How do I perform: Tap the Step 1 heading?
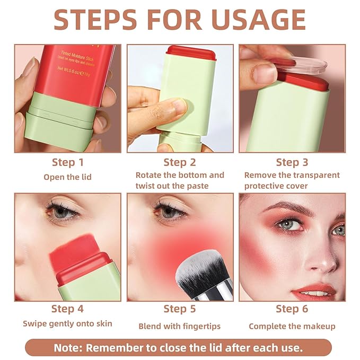pos(67,162)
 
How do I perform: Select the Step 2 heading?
pos(180,162)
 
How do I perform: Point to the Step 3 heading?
pos(292,162)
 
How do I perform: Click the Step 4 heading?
pos(67,309)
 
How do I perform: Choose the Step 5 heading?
pos(180,309)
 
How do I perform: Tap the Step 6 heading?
pos(292,309)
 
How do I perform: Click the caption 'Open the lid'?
pos(67,177)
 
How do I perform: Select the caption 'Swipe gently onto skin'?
pos(67,323)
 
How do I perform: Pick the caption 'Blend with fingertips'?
pos(180,326)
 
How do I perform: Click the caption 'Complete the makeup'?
pos(292,326)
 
